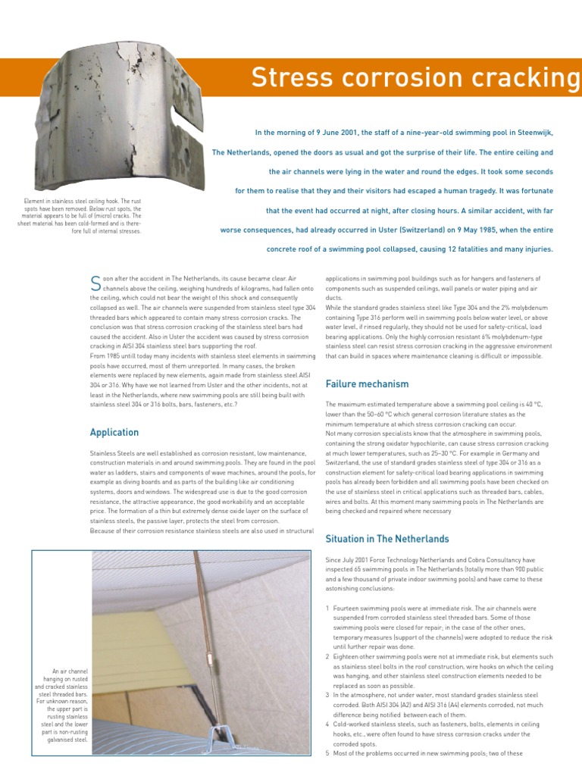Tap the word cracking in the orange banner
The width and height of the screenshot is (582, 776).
pyautogui.click(x=524, y=78)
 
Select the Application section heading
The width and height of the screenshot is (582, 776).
pyautogui.click(x=114, y=433)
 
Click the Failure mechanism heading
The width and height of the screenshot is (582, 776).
pyautogui.click(x=367, y=384)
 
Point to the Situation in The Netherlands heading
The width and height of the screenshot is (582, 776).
pyautogui.click(x=386, y=539)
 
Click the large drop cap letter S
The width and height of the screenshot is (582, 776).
pyautogui.click(x=95, y=283)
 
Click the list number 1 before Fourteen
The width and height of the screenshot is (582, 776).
pyautogui.click(x=327, y=609)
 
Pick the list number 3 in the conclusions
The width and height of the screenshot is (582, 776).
pyautogui.click(x=327, y=694)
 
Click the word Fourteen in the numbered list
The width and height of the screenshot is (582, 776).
pyautogui.click(x=349, y=609)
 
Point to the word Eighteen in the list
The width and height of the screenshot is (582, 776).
pyautogui.click(x=349, y=656)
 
